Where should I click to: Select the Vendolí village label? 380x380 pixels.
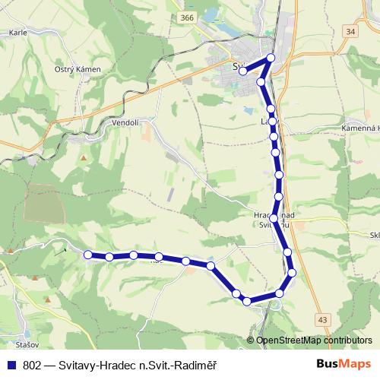tap(124, 122)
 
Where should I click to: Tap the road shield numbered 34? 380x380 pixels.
tap(349, 31)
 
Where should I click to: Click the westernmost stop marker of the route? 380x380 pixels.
tap(87, 255)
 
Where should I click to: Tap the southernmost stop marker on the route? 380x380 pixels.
tap(247, 302)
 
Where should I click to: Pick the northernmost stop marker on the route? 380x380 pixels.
tap(271, 58)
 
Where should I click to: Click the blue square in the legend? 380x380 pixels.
tap(12, 364)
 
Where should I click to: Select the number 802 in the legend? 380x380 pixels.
tap(33, 364)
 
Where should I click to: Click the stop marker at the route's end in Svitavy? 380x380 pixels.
tap(242, 71)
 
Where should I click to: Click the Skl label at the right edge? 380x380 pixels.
tap(374, 236)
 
